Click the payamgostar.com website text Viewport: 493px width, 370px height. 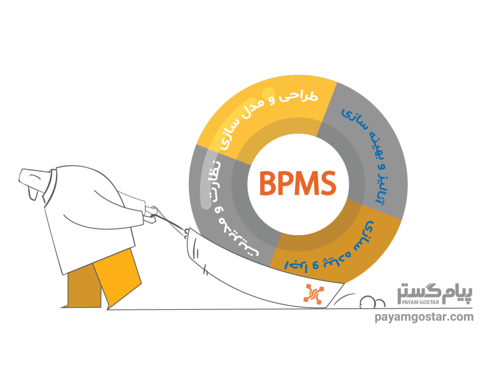pos(424,317)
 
